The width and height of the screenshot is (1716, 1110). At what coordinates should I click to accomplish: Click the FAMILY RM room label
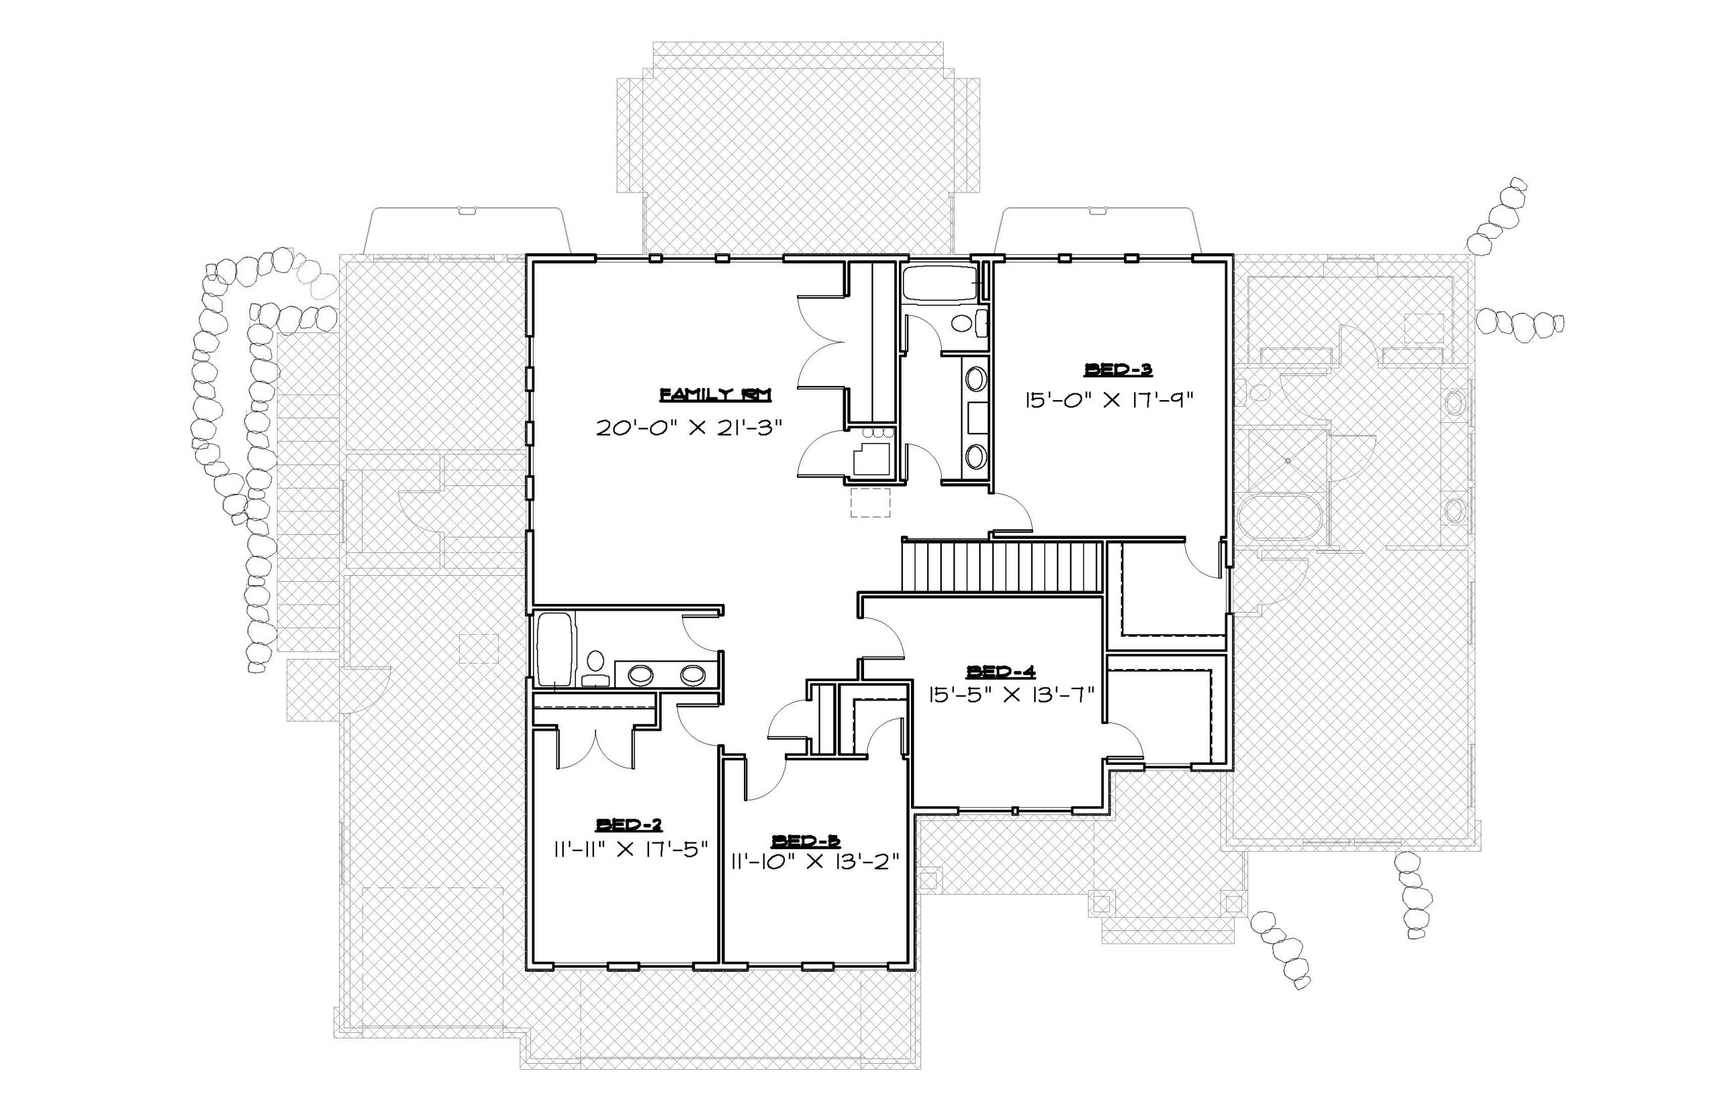click(x=716, y=394)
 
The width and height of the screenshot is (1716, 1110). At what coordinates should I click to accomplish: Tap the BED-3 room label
click(x=1119, y=370)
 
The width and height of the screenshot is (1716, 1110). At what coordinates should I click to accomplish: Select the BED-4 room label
click(x=1001, y=672)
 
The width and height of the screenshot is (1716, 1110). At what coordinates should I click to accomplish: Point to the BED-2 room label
click(x=629, y=824)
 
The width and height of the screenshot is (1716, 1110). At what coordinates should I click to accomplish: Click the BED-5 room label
click(x=806, y=841)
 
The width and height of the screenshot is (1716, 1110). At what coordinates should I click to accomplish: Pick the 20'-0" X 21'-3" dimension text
click(x=689, y=428)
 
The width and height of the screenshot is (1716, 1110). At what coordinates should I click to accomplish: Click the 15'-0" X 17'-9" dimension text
click(x=1110, y=399)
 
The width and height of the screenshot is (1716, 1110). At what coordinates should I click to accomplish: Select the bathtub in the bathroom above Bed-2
click(x=556, y=649)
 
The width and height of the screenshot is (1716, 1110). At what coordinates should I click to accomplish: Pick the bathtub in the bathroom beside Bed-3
click(x=940, y=285)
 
